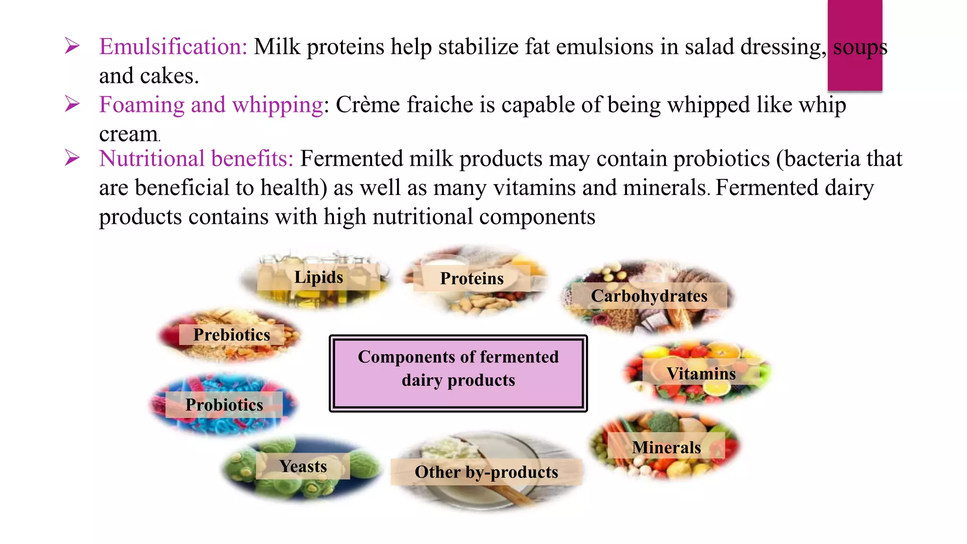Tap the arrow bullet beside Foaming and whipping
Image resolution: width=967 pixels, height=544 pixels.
pyautogui.click(x=72, y=103)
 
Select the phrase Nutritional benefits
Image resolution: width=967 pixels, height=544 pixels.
pyautogui.click(x=196, y=159)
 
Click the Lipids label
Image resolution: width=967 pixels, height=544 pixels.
pyautogui.click(x=319, y=277)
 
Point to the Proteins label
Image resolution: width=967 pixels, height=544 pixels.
pyautogui.click(x=472, y=279)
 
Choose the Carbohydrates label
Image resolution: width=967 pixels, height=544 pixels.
pyautogui.click(x=649, y=296)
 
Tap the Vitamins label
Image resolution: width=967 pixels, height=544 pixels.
pyautogui.click(x=701, y=374)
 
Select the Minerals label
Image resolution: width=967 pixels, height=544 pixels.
pyautogui.click(x=666, y=447)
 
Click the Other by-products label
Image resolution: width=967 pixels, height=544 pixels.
pyautogui.click(x=486, y=472)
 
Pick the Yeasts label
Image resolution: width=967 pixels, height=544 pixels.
pyautogui.click(x=303, y=467)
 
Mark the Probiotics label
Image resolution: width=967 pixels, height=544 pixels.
pyautogui.click(x=224, y=405)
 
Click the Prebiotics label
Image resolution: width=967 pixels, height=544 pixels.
pyautogui.click(x=232, y=335)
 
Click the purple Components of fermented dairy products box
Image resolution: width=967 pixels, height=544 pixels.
pyautogui.click(x=458, y=373)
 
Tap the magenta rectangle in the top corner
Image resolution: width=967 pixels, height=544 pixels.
pyautogui.click(x=855, y=45)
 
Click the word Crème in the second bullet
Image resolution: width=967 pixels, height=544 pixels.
pyautogui.click(x=368, y=105)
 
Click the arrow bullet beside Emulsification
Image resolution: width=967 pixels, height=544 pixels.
pyautogui.click(x=72, y=46)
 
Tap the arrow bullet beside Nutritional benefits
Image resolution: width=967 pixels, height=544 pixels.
pyautogui.click(x=72, y=158)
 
